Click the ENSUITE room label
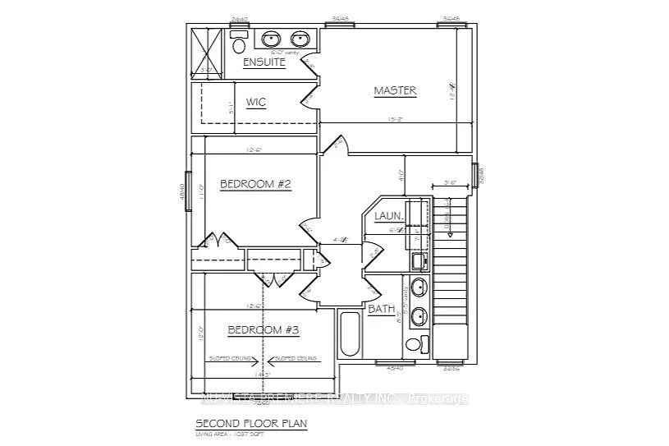(263, 62)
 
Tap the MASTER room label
(395, 90)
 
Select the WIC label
(256, 103)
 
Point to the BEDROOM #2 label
(255, 184)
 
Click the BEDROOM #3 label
(263, 329)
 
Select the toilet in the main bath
(421, 343)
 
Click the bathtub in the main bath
(349, 333)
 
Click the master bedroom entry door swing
(336, 145)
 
